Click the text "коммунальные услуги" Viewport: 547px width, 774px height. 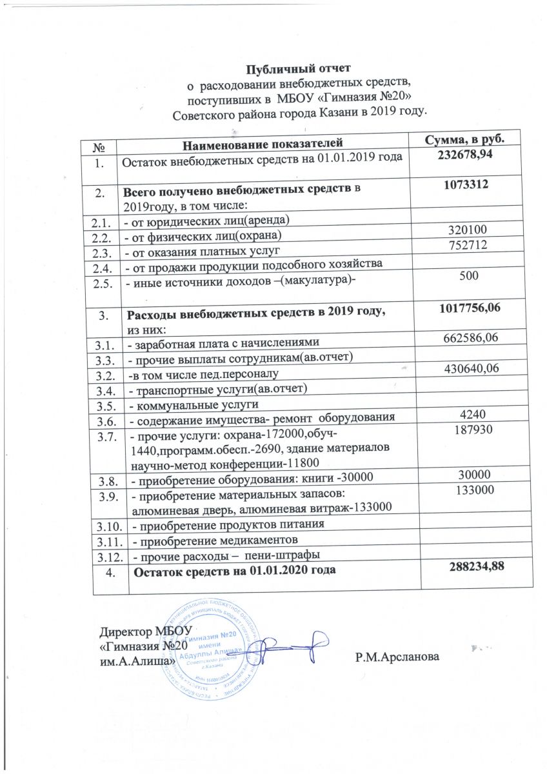click(x=196, y=405)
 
